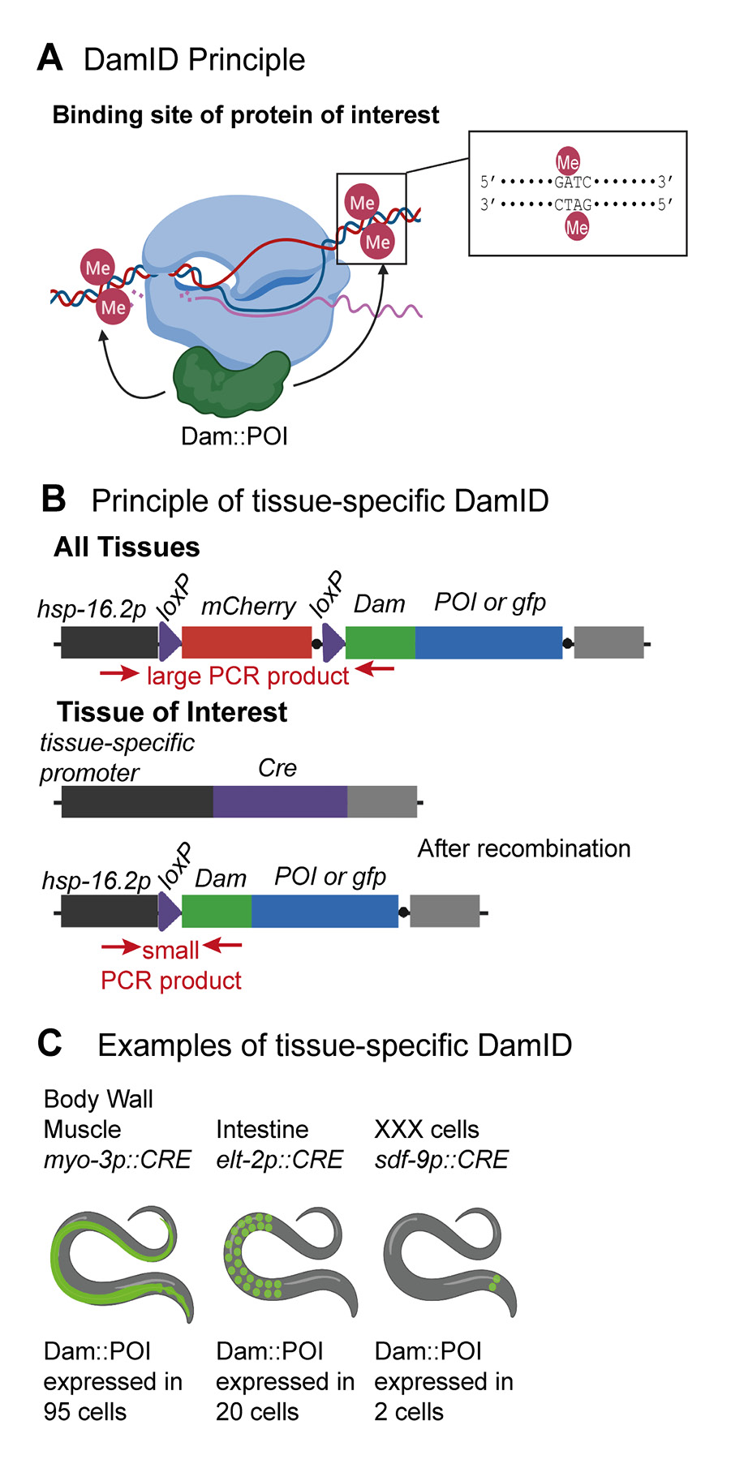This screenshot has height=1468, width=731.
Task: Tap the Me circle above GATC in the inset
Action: point(568,161)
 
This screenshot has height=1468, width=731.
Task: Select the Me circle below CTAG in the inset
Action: point(577,227)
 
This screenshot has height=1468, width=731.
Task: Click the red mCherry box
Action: point(247,642)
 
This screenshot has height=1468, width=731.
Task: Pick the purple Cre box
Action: point(280,801)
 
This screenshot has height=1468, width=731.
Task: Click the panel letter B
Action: point(54,499)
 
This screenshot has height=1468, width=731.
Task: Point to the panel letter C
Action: point(50,1043)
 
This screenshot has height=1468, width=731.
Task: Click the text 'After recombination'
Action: point(523,848)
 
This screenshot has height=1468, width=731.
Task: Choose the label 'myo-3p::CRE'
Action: point(117,1159)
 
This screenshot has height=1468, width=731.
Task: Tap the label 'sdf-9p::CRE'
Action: point(441,1159)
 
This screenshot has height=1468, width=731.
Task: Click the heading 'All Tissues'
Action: point(127,547)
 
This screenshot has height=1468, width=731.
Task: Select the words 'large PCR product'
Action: point(247,676)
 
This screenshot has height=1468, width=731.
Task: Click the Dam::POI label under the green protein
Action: point(234,436)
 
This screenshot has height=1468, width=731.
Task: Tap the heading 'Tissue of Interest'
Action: point(172,712)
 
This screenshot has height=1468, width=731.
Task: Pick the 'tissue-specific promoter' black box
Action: point(137,801)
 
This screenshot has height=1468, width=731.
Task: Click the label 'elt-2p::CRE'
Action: point(279,1159)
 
